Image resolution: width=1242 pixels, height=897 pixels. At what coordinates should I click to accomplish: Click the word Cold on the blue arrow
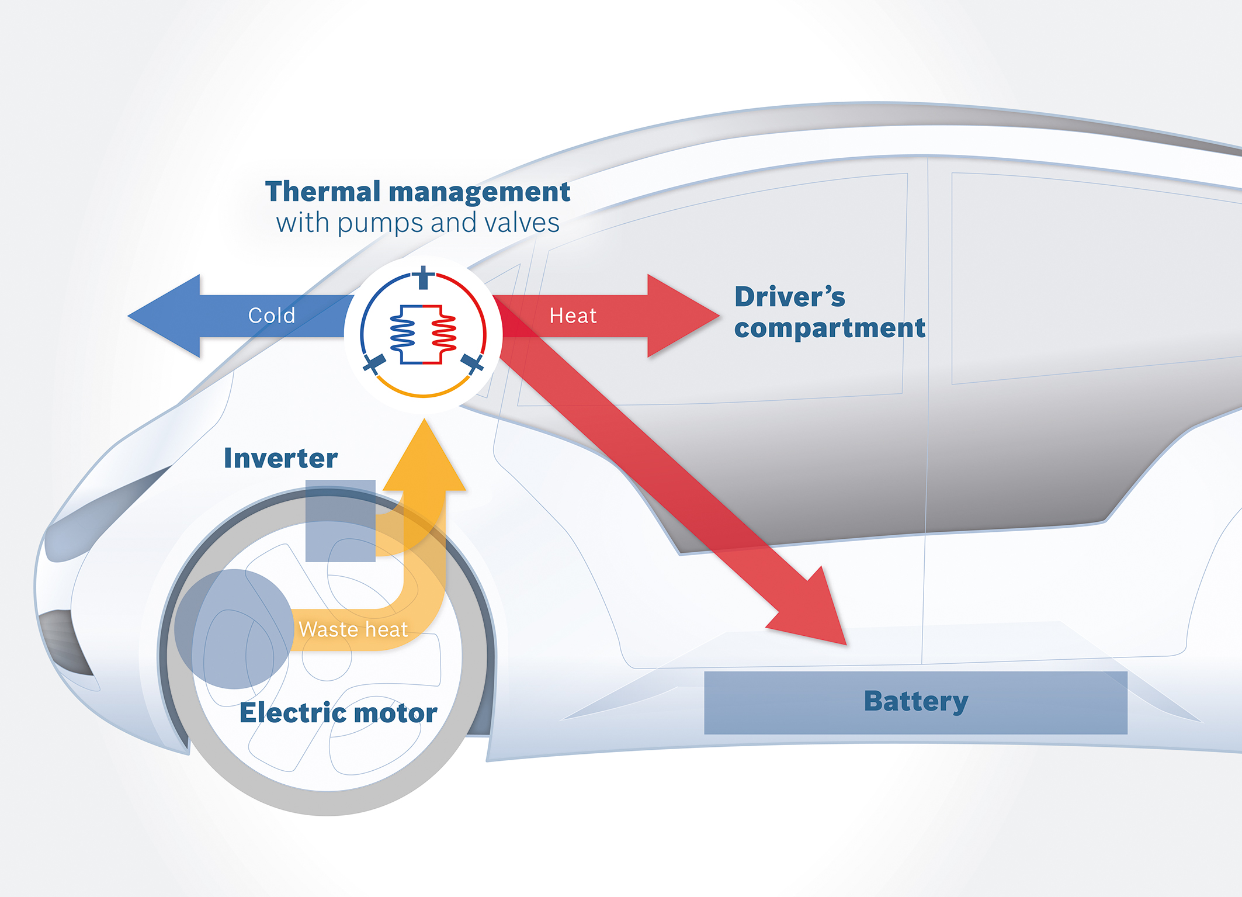click(x=272, y=316)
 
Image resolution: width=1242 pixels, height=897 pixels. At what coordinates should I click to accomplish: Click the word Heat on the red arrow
click(x=573, y=316)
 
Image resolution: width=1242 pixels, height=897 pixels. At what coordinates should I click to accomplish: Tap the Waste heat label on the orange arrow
click(x=353, y=629)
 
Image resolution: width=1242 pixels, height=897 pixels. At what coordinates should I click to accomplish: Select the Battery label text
click(x=915, y=701)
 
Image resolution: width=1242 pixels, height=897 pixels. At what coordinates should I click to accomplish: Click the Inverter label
click(x=280, y=458)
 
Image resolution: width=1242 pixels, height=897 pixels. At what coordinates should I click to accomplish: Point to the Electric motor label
click(x=338, y=713)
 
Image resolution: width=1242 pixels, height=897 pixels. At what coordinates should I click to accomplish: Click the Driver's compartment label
click(x=829, y=313)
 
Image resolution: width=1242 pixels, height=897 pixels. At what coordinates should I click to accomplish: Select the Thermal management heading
click(x=417, y=192)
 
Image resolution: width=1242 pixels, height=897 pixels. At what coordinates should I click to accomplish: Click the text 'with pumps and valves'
click(x=418, y=223)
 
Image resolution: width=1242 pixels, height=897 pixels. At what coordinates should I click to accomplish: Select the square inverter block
click(x=340, y=521)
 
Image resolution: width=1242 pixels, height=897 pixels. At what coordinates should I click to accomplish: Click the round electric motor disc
click(x=233, y=629)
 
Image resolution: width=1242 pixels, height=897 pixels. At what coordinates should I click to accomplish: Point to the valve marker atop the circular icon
click(x=424, y=276)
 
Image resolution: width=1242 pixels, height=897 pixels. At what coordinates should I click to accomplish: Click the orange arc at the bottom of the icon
click(x=424, y=394)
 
